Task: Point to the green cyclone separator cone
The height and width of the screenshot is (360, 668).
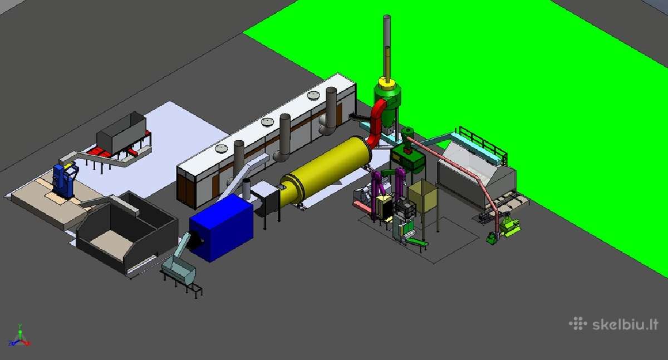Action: click(x=387, y=104)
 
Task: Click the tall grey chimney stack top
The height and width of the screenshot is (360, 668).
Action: click(x=387, y=17)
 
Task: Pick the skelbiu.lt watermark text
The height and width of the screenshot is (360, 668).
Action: click(x=625, y=324)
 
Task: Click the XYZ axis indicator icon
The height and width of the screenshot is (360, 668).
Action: click(x=19, y=336)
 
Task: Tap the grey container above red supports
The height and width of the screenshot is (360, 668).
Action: click(x=121, y=132)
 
